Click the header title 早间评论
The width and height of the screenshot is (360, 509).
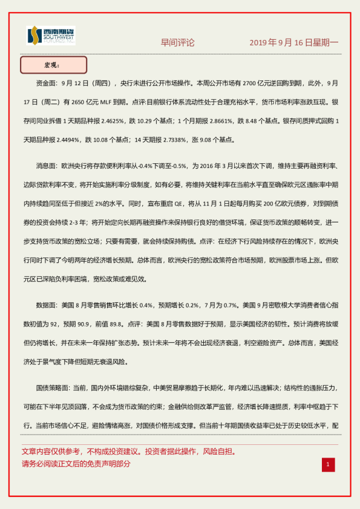coord(177,43)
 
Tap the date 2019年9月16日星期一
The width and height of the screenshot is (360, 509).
coord(294,43)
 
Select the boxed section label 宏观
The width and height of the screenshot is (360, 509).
coord(53,65)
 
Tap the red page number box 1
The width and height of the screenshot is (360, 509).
coord(327,464)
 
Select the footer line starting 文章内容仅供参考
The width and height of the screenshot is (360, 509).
coord(128,452)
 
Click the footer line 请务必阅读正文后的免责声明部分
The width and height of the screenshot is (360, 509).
coord(76,464)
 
